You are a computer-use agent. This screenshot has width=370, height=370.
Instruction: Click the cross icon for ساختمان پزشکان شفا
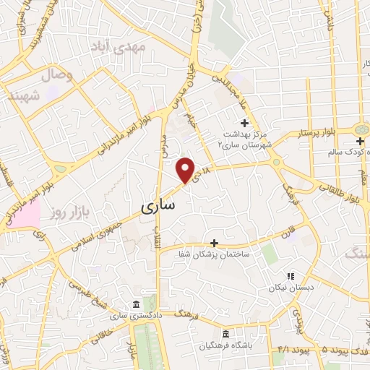[x=213, y=243]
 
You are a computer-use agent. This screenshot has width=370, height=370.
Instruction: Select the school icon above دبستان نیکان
[x=291, y=275]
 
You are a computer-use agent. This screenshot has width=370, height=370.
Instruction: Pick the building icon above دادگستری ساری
[x=137, y=304]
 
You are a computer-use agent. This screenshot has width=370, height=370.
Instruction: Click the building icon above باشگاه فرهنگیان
[x=226, y=334]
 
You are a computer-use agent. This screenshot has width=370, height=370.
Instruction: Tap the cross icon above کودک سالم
[x=360, y=140]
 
